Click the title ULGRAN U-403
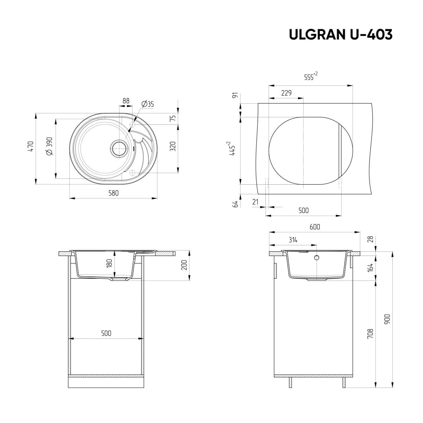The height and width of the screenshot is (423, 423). coord(340,35)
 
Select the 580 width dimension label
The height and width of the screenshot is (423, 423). coord(113,193)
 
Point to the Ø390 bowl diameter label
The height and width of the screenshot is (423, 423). coord(49,146)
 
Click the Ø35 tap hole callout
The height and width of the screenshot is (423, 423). coord(147,104)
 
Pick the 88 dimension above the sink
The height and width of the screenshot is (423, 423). coord(126,101)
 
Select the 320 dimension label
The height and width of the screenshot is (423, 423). coord(173,146)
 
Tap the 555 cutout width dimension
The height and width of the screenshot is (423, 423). coord(310,77)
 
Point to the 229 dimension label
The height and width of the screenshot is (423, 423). coord(286,93)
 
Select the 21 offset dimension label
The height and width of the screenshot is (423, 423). coord(256,202)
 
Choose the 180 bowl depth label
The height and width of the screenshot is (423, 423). coord(109,263)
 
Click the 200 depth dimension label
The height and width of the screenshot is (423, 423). coord(183,265)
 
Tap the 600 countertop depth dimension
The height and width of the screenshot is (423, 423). coord(314,227)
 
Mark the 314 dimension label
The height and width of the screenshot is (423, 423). coord(293,240)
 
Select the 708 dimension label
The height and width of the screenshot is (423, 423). coord(370,333)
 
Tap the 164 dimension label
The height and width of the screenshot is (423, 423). coord(370,268)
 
